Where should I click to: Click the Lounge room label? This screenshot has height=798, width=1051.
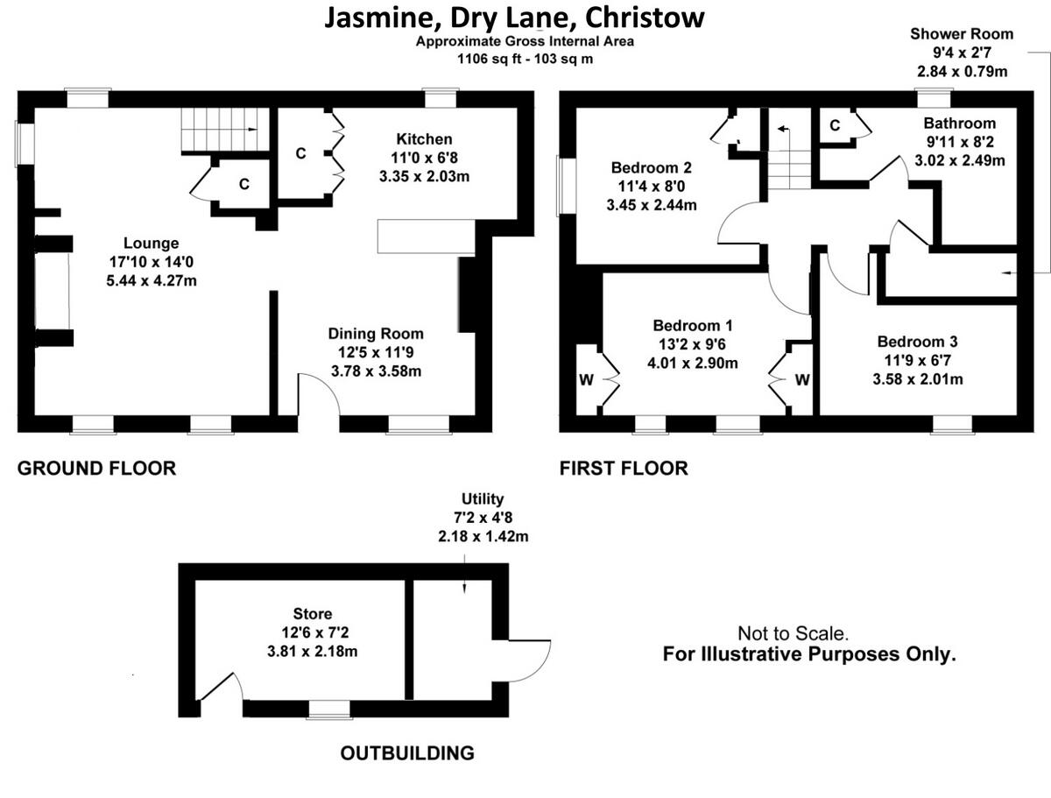click(x=151, y=244)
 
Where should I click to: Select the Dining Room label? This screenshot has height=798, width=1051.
click(x=376, y=334)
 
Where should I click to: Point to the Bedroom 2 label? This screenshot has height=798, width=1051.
click(x=652, y=168)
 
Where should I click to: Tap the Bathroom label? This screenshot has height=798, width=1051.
click(x=959, y=124)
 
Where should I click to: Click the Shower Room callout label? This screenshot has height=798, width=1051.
click(x=961, y=34)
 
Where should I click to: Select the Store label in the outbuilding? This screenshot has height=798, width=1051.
click(x=313, y=614)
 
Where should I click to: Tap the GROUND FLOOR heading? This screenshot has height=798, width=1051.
click(x=97, y=469)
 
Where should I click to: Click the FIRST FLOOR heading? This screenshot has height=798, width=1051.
click(x=624, y=469)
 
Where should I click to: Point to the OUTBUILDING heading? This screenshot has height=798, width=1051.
click(x=407, y=752)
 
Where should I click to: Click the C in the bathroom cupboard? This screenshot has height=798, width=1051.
click(x=835, y=125)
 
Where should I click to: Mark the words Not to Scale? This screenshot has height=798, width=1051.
click(x=793, y=633)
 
